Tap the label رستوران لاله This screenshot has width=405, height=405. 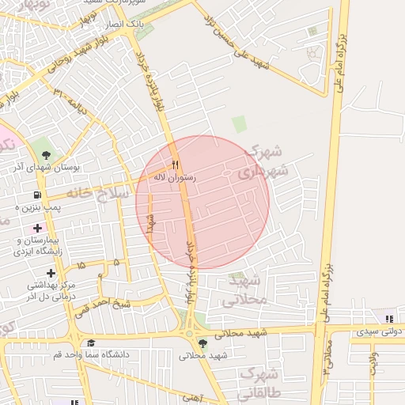click(176, 178)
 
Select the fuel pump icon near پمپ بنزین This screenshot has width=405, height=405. click(36, 195)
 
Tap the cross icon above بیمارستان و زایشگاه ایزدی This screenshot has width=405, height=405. click(37, 228)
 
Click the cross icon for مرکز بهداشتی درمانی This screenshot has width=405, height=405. click(51, 272)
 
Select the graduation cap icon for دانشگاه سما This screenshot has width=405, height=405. click(91, 343)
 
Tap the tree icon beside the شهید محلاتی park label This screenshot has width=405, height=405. click(203, 343)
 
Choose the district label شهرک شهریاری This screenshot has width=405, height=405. click(267, 161)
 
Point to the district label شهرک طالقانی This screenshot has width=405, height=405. click(257, 380)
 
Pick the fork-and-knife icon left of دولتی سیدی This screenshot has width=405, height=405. click(388, 319)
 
